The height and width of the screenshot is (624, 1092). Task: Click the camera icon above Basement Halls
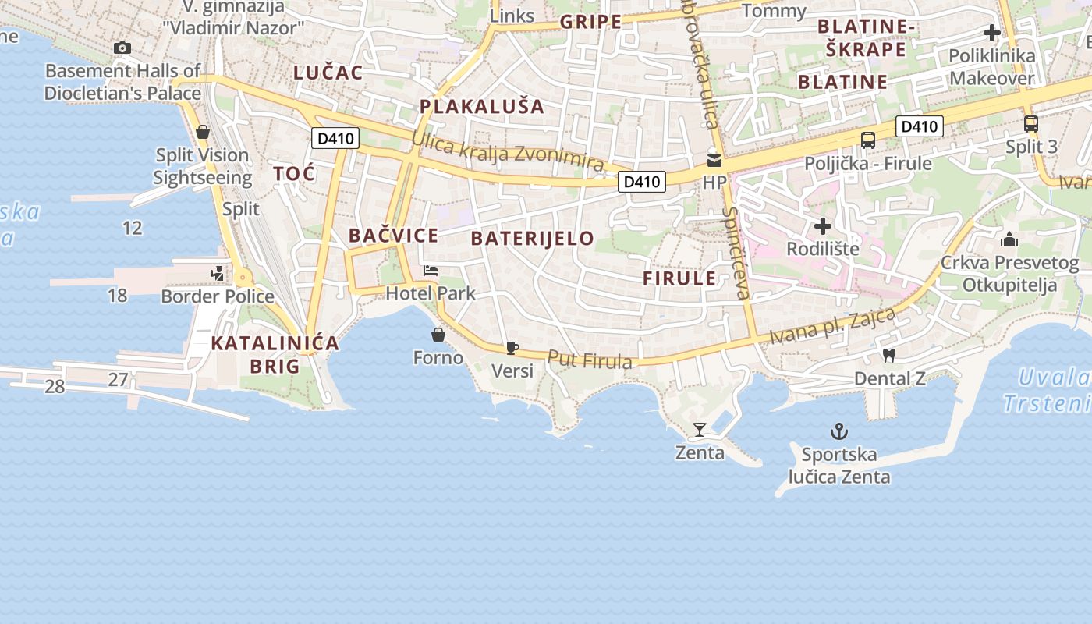(122, 48)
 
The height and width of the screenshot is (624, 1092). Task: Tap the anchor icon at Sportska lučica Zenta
(838, 431)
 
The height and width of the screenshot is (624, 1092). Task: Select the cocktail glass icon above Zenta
(699, 430)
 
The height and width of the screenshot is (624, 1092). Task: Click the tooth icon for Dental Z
(888, 356)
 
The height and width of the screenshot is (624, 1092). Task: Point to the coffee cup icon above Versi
(512, 348)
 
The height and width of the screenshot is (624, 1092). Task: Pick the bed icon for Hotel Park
(431, 271)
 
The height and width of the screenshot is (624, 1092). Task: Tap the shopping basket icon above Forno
(438, 335)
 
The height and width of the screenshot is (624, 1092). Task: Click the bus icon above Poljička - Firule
(868, 140)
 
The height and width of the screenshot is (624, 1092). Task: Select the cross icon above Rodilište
(822, 226)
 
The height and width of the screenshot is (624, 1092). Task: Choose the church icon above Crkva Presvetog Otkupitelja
(1009, 239)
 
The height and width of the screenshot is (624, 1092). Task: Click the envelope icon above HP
(714, 161)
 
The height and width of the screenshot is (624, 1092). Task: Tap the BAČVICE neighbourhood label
(393, 235)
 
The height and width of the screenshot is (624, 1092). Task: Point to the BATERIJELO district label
(533, 239)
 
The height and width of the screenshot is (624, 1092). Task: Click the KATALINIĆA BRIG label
(275, 354)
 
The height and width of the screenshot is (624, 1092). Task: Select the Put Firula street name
(590, 360)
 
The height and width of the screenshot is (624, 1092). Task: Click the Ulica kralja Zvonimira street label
(508, 152)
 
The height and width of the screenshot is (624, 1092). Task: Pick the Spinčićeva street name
(736, 253)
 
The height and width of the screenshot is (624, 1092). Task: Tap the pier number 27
(118, 380)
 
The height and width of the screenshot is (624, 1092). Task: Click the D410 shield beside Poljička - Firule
(919, 126)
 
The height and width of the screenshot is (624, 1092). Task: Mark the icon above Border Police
(217, 273)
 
